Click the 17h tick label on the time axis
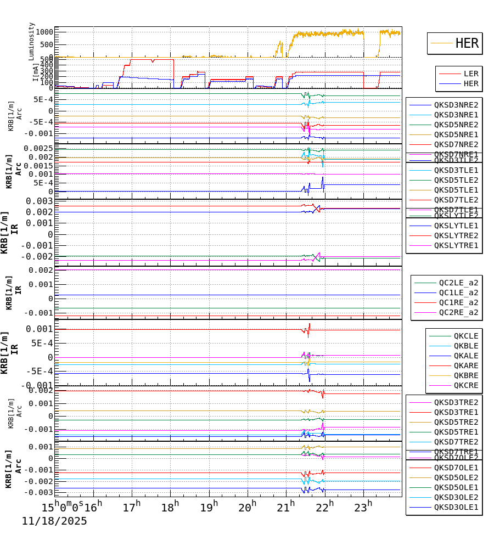tap(132, 507)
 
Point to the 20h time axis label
tap(248, 507)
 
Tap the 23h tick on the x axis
tap(363, 507)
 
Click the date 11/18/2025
tap(54, 521)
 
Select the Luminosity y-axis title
tap(32, 41)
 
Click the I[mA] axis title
tap(35, 72)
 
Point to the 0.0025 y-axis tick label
tap(38, 148)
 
